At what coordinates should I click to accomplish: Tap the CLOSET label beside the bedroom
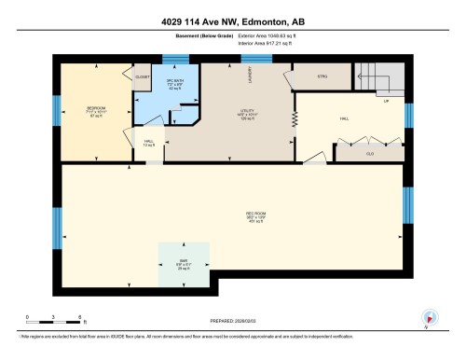click(142, 77)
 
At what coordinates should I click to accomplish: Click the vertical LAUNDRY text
click(251, 80)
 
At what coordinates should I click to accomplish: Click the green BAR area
click(183, 264)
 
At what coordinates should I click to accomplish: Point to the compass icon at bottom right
click(430, 316)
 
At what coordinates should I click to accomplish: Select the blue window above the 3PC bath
click(174, 60)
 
